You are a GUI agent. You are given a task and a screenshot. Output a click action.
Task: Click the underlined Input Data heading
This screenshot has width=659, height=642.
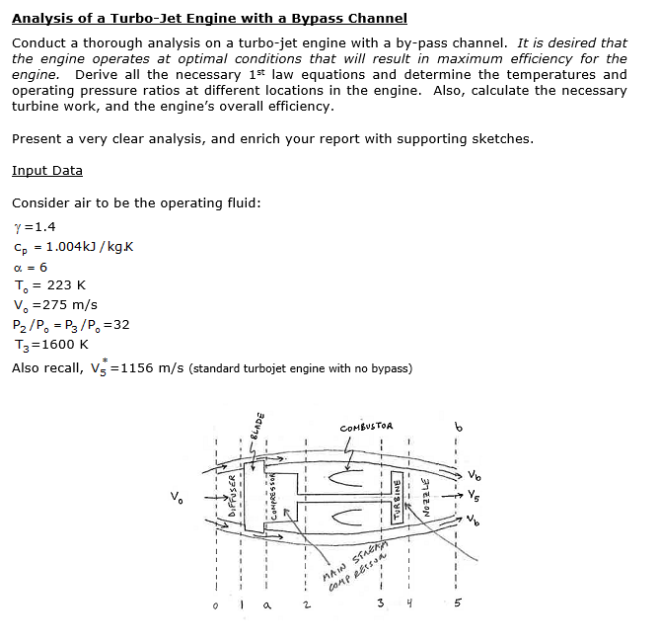pos(47,171)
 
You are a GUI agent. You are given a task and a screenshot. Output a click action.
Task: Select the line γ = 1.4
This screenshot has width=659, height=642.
pos(35,226)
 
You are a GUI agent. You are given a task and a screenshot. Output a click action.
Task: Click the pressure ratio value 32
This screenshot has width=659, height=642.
pos(121,324)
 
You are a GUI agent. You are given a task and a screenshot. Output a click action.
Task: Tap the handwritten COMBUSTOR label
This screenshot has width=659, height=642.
pos(366,427)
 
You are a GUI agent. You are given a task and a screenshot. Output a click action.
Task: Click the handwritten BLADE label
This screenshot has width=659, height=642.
pos(258,427)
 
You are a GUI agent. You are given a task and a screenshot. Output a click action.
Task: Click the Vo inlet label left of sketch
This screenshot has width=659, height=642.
pos(176,497)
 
